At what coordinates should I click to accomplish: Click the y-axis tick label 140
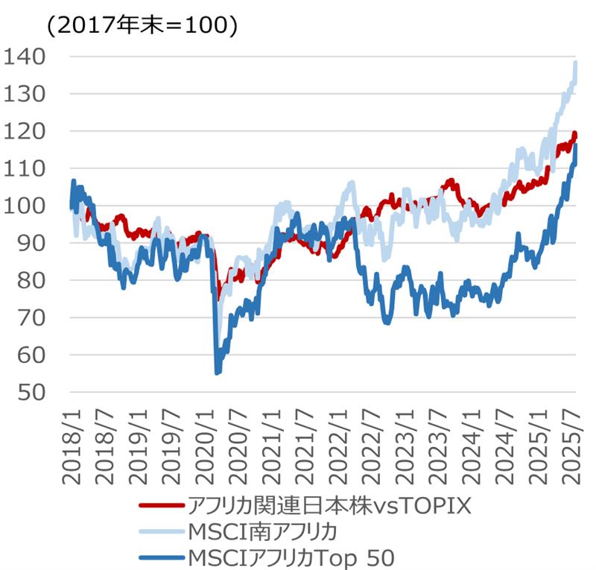(25, 57)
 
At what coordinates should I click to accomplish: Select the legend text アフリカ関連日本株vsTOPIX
(329, 507)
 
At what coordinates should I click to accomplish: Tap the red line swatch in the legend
(161, 507)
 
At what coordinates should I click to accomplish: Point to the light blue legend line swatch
(161, 532)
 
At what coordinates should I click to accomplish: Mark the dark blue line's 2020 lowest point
(218, 372)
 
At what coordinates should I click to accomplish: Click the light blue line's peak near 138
(576, 63)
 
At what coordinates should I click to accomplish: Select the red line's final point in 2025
(575, 136)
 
